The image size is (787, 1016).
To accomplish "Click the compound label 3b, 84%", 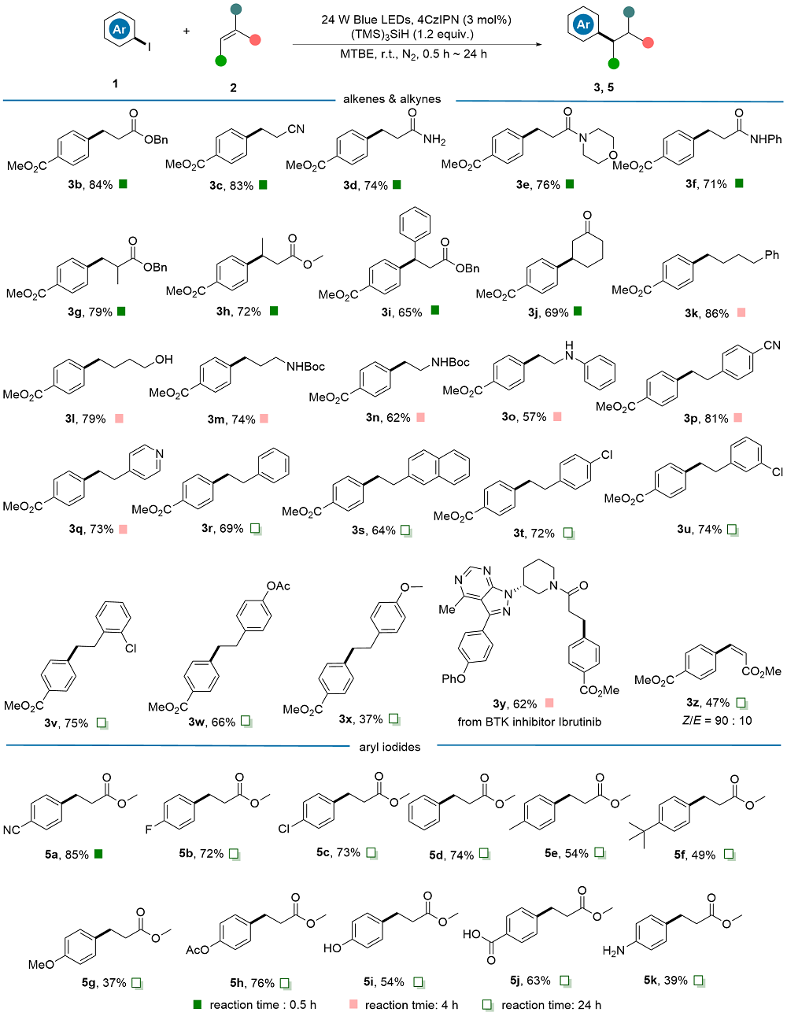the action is point(91,185).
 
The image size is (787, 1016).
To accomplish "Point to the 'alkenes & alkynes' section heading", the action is point(392,98).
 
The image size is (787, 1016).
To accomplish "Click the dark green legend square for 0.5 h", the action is point(198,1004).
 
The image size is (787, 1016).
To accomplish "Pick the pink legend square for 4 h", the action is point(353,1004).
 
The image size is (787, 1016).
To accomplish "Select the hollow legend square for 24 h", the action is point(487,1004).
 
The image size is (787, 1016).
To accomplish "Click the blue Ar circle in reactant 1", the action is point(119,29).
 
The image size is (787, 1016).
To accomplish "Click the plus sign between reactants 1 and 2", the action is point(187,31).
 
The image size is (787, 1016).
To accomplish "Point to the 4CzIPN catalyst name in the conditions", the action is point(438,20).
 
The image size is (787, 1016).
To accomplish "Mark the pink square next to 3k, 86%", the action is point(741,312).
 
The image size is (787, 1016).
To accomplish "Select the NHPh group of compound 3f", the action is point(766,139).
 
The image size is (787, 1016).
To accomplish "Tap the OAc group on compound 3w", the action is point(279,586).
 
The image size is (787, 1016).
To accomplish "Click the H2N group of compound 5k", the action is point(614,951).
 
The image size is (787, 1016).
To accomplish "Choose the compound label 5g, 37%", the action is point(104,983).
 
